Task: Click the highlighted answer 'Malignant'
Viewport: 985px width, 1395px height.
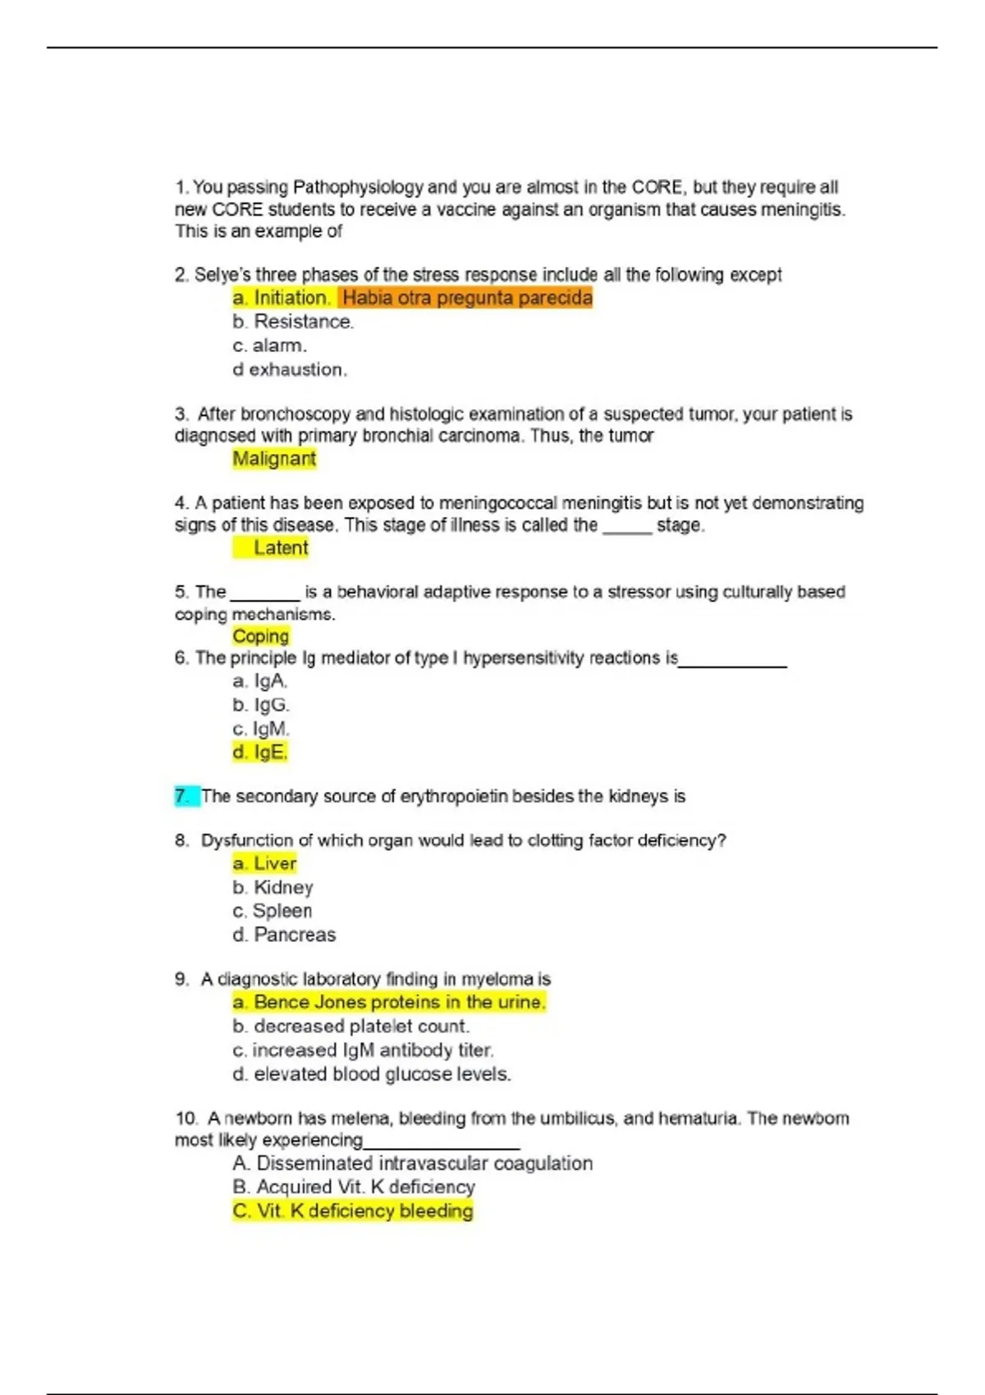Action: pyautogui.click(x=274, y=459)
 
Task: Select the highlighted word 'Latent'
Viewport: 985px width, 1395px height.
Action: pyautogui.click(x=280, y=547)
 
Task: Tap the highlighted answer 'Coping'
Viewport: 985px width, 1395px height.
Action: pyautogui.click(x=260, y=636)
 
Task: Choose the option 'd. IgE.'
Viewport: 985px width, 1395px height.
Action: pyautogui.click(x=260, y=752)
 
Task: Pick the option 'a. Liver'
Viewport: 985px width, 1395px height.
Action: pyautogui.click(x=264, y=863)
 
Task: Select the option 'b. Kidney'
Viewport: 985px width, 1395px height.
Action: pyautogui.click(x=273, y=887)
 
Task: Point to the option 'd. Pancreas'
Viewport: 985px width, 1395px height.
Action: pyautogui.click(x=284, y=935)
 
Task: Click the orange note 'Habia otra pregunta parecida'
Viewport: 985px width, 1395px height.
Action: pyautogui.click(x=466, y=297)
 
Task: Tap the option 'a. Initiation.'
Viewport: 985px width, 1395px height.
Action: pyautogui.click(x=282, y=297)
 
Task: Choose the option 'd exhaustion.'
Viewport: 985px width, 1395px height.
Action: pyautogui.click(x=290, y=369)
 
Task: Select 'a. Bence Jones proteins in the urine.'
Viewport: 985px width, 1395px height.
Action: pyautogui.click(x=389, y=1002)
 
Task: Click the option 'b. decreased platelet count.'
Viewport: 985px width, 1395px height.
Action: pyautogui.click(x=351, y=1026)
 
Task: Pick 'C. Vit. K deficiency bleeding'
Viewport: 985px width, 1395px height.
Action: pyautogui.click(x=353, y=1210)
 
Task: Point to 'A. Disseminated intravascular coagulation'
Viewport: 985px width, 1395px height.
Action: pyautogui.click(x=412, y=1163)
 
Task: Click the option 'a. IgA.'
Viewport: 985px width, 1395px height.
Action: pyautogui.click(x=259, y=680)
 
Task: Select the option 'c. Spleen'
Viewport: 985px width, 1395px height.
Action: pyautogui.click(x=272, y=911)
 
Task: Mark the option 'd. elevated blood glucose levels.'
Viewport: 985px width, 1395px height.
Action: pyautogui.click(x=372, y=1073)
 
